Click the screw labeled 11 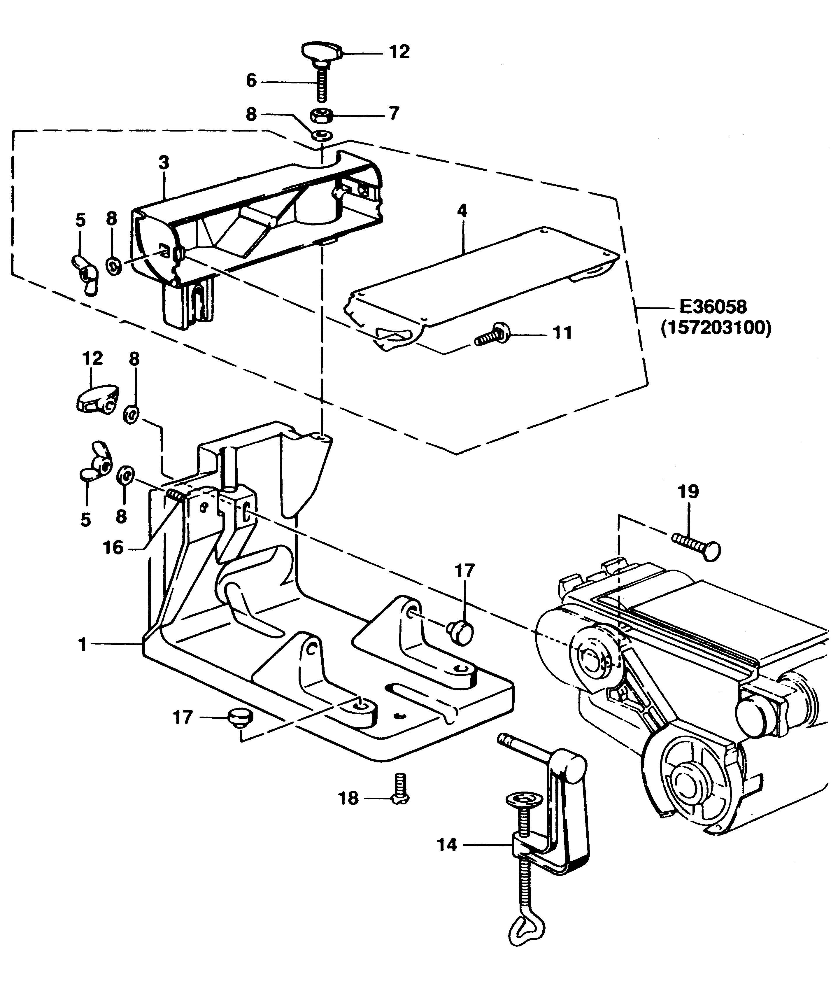(493, 335)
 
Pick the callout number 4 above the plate (462, 211)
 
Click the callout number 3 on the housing (164, 163)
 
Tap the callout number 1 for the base (83, 645)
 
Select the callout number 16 (113, 548)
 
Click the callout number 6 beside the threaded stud (251, 80)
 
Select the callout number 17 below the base (183, 717)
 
